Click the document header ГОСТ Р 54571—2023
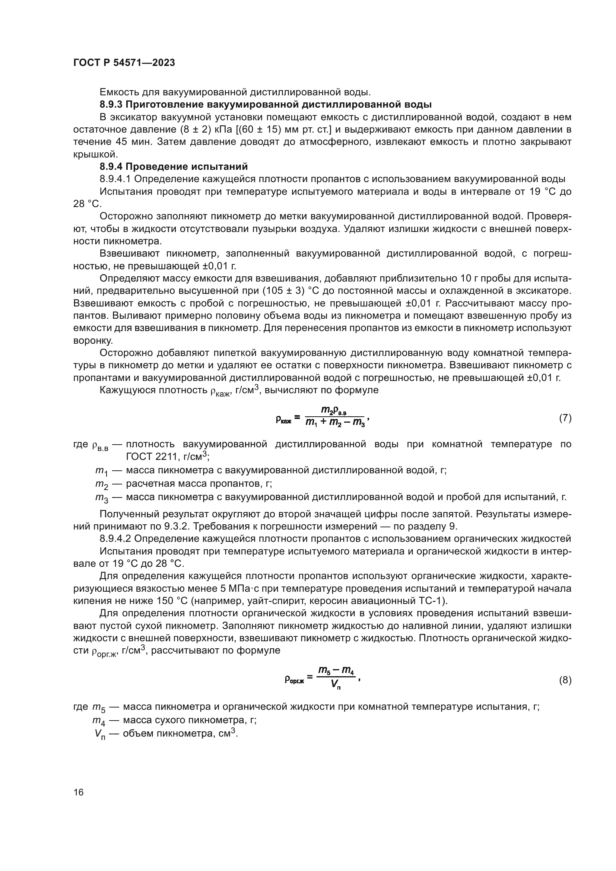tap(124, 63)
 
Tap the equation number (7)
tap(565, 418)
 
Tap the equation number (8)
tap(565, 680)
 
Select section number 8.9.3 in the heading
tap(111, 104)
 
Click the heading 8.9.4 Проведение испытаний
tap(174, 166)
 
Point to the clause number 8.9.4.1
tap(115, 179)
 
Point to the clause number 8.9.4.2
tap(115, 539)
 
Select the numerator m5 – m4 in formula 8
tap(336, 671)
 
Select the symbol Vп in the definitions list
tap(100, 734)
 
